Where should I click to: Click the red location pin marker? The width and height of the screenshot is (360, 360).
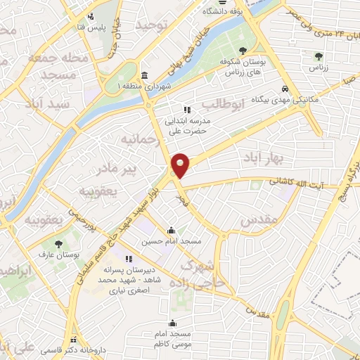(x=181, y=165)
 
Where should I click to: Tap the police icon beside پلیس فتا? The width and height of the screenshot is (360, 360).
(x=90, y=17)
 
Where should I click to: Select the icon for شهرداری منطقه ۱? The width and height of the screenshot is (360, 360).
(x=144, y=76)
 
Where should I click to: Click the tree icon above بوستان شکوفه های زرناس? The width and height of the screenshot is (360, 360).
(x=243, y=50)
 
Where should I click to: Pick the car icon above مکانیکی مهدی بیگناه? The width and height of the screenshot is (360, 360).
(x=284, y=89)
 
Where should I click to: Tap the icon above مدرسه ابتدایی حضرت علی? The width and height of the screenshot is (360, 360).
(x=186, y=110)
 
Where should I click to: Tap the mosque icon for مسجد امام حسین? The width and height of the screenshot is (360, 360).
(x=171, y=230)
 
